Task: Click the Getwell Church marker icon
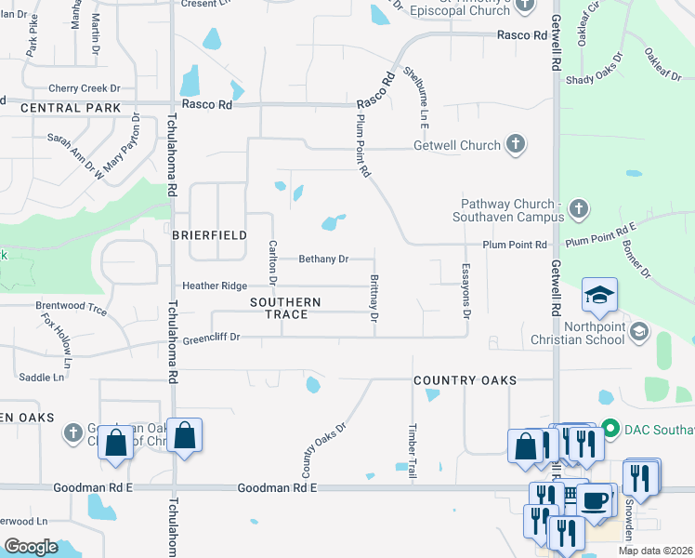click(516, 145)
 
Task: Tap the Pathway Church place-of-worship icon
click(578, 206)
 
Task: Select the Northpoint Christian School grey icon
click(639, 331)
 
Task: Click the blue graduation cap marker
click(599, 297)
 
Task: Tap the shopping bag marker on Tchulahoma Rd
click(185, 435)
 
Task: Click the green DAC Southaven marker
click(610, 429)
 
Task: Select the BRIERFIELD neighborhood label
click(209, 235)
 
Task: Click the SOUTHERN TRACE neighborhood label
click(285, 309)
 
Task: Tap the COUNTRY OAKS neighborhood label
click(465, 380)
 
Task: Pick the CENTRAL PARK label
click(71, 108)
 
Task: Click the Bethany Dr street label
click(323, 259)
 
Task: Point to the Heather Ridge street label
click(215, 286)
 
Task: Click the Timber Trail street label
click(413, 452)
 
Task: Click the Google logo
click(31, 547)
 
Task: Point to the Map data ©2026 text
click(655, 551)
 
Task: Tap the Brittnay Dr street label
click(374, 299)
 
